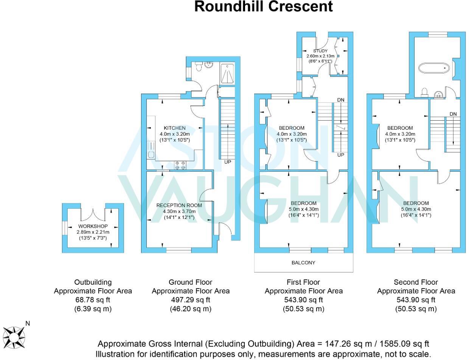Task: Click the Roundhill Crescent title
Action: pos(264,6)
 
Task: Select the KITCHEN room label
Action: pos(174,128)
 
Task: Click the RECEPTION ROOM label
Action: pos(179,205)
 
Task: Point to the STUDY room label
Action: pos(320,51)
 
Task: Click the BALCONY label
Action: pos(303,262)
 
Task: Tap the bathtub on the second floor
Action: pos(434,68)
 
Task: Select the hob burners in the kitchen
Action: pos(180,165)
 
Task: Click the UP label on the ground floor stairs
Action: pos(228,162)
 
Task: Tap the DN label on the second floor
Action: pos(453,114)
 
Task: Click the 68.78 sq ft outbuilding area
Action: pos(93,300)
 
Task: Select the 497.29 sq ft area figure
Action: pos(190,300)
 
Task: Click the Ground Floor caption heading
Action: pos(190,282)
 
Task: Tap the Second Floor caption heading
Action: pos(416,282)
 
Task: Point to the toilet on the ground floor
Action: pos(199,67)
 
